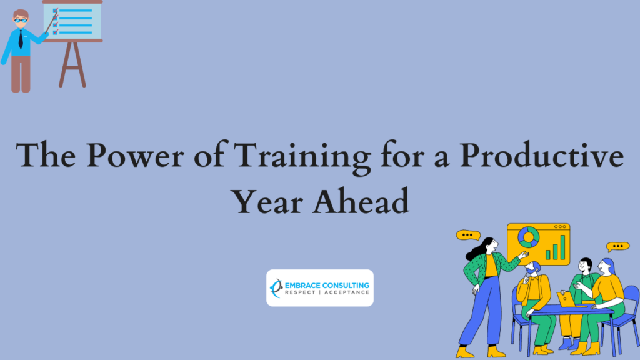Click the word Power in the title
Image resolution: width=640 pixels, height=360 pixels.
(135, 155)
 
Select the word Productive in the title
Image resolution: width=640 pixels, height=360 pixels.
(542, 155)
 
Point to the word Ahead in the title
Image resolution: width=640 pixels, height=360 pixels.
(361, 200)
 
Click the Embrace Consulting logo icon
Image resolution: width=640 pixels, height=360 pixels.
(276, 288)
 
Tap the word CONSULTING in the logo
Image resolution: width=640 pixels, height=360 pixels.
(346, 285)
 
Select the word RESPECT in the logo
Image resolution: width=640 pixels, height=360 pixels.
(300, 292)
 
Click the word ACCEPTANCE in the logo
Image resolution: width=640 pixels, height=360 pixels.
(346, 292)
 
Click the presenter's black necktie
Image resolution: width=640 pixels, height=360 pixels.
(21, 39)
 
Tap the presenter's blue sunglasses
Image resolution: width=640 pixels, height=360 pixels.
(21, 21)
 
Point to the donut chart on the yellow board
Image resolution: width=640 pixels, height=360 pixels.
(529, 237)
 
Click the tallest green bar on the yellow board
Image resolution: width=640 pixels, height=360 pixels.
(563, 247)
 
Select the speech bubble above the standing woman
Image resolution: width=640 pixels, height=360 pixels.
(468, 235)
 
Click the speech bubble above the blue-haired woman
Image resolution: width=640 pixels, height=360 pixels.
(617, 246)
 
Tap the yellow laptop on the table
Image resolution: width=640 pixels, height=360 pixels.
(566, 299)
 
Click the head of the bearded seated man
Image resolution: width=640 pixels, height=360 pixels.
(532, 268)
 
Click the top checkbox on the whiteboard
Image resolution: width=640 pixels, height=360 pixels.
(56, 11)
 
